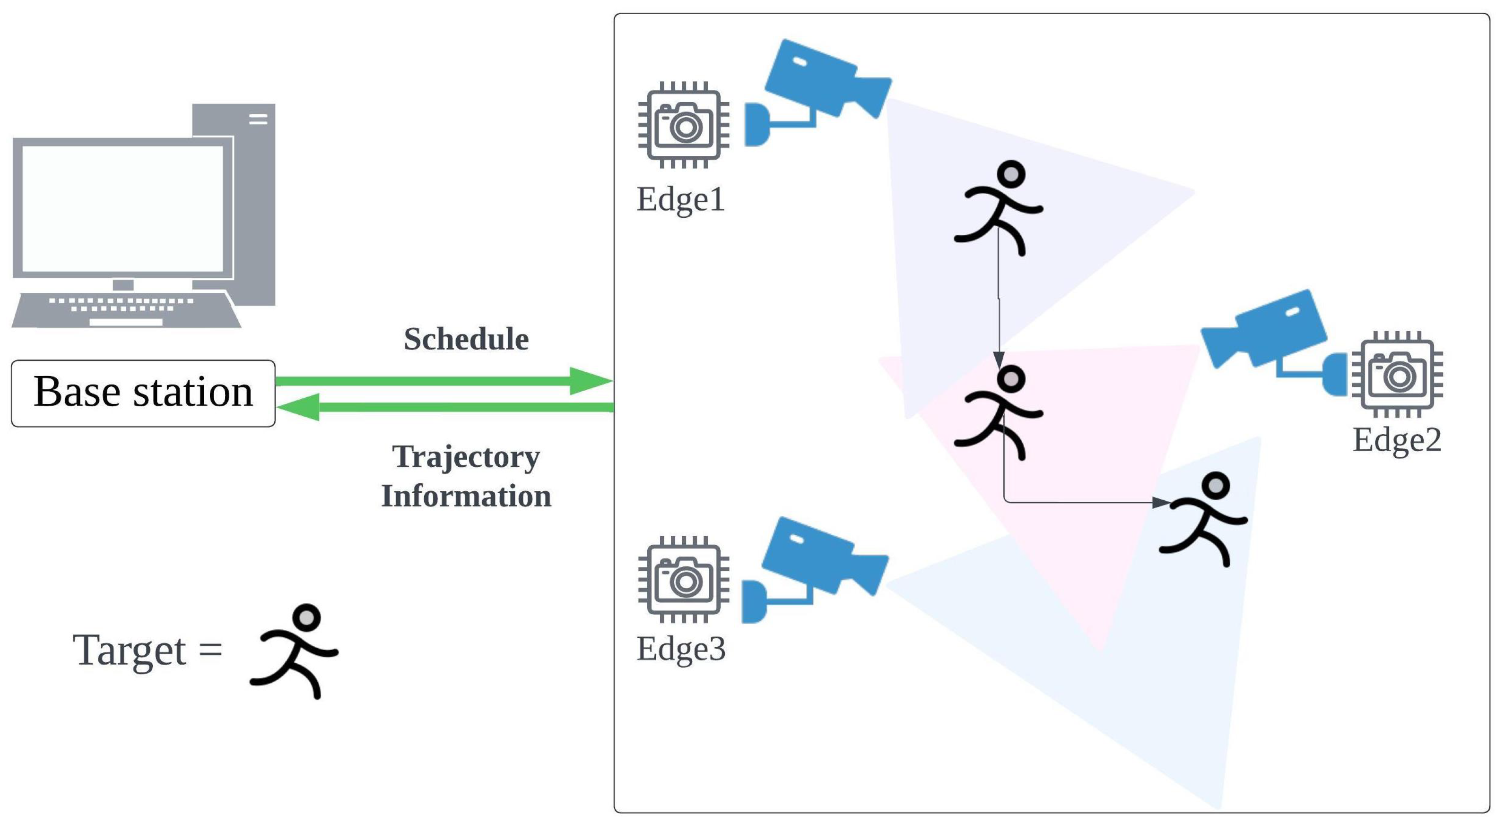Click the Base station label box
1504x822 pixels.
pyautogui.click(x=143, y=393)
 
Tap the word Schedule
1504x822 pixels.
pyautogui.click(x=466, y=339)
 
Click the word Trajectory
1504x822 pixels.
pyautogui.click(x=466, y=456)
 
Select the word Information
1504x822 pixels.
pyautogui.click(x=466, y=496)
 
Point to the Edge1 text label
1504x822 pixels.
pyautogui.click(x=681, y=199)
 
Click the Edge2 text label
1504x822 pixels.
pyautogui.click(x=1397, y=440)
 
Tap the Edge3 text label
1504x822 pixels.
pyautogui.click(x=681, y=649)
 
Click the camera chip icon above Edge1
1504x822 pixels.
pyautogui.click(x=684, y=125)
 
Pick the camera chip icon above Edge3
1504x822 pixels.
pyautogui.click(x=684, y=579)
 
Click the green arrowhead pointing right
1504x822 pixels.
pyautogui.click(x=590, y=381)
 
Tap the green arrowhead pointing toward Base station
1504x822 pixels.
pyautogui.click(x=299, y=407)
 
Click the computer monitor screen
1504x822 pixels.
pyautogui.click(x=122, y=208)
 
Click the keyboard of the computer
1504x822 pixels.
pyautogui.click(x=125, y=309)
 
